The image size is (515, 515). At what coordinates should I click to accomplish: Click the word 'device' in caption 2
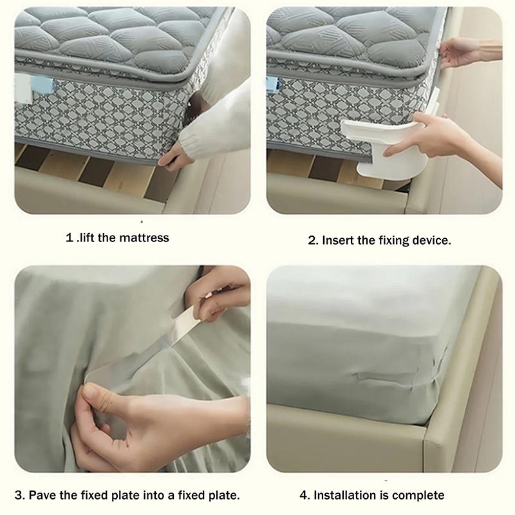[431, 241]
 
